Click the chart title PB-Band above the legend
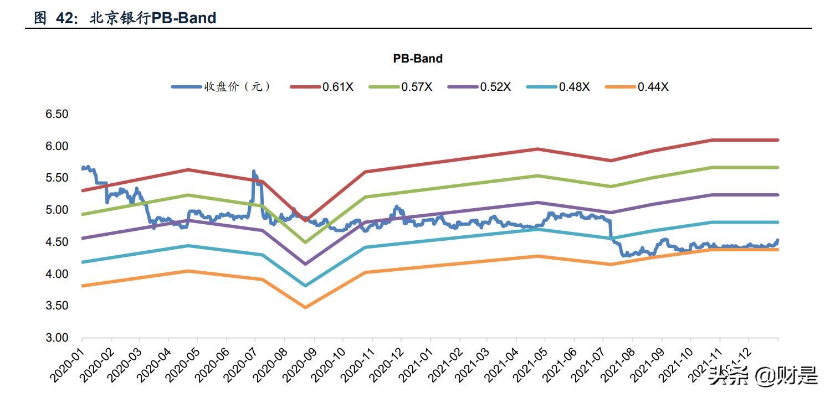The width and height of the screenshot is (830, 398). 418,58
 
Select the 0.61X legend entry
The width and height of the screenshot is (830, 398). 338,87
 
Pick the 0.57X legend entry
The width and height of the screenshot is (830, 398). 417,87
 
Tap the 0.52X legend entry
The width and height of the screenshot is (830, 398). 495,87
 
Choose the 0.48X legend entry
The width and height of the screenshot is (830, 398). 574,87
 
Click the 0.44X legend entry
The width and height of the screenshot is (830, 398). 653,87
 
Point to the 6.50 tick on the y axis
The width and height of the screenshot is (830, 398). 56,114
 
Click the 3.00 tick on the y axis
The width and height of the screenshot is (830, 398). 56,338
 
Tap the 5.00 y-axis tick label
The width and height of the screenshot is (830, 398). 56,210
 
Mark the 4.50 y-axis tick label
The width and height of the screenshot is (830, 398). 56,242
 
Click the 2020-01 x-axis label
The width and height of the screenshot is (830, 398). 66,363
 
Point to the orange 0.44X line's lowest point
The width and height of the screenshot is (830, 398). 305,307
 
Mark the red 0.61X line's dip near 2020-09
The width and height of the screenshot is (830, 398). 305,220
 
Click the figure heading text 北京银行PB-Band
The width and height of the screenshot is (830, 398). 152,18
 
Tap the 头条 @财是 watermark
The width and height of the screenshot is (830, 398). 765,376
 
